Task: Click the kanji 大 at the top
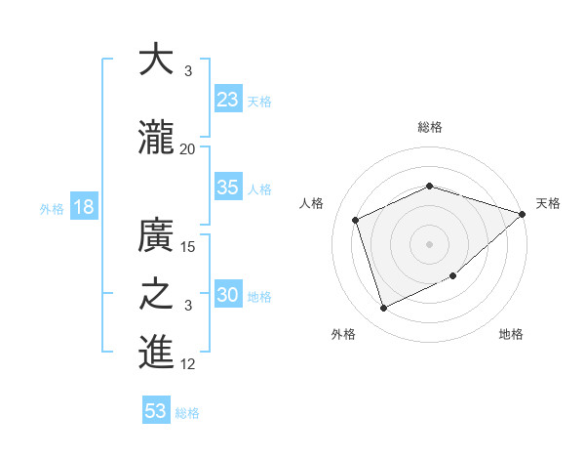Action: pos(156,61)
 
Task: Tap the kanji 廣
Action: pos(156,235)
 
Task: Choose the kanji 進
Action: pos(156,353)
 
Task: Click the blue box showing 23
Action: pos(228,100)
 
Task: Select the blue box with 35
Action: pos(228,188)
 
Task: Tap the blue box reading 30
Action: pos(228,295)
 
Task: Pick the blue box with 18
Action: pos(83,207)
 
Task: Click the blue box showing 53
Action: pos(156,411)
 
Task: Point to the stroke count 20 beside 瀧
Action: pos(188,149)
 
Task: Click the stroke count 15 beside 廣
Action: pos(189,247)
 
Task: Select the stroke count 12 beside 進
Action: pos(189,364)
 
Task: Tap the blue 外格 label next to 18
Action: pos(52,208)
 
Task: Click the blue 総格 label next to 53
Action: pos(187,412)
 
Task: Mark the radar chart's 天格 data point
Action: pos(523,215)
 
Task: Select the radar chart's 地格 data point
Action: pos(453,276)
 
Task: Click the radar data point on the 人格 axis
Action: pos(356,220)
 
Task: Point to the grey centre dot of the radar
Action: pos(429,243)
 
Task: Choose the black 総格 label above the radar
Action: pos(429,127)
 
